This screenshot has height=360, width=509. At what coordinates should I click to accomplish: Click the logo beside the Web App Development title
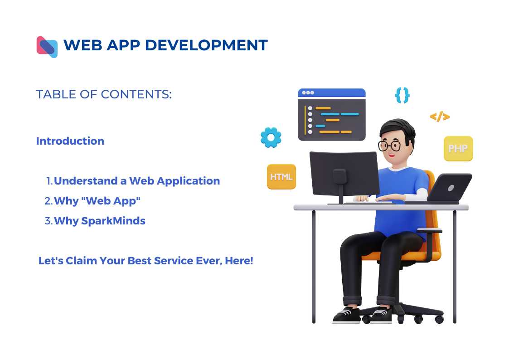[47, 47]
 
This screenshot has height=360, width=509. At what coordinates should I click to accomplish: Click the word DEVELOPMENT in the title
[206, 45]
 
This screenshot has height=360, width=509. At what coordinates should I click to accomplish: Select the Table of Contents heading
[104, 94]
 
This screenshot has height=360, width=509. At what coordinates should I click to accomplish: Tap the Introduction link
[70, 141]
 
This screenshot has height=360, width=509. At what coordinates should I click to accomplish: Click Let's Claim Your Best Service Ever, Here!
[146, 261]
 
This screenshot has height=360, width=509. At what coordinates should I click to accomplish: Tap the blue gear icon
[271, 138]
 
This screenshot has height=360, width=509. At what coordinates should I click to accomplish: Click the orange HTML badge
[281, 176]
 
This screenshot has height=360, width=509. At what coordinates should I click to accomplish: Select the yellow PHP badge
[458, 149]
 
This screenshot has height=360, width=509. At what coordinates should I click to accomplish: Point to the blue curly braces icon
[402, 95]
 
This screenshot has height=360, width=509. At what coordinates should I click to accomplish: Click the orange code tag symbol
[440, 117]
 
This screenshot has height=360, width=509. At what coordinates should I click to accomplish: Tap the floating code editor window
[332, 115]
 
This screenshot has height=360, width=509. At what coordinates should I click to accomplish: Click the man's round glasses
[389, 146]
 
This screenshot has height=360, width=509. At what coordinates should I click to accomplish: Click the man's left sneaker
[382, 315]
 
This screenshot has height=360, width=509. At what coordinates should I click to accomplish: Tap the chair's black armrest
[429, 230]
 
